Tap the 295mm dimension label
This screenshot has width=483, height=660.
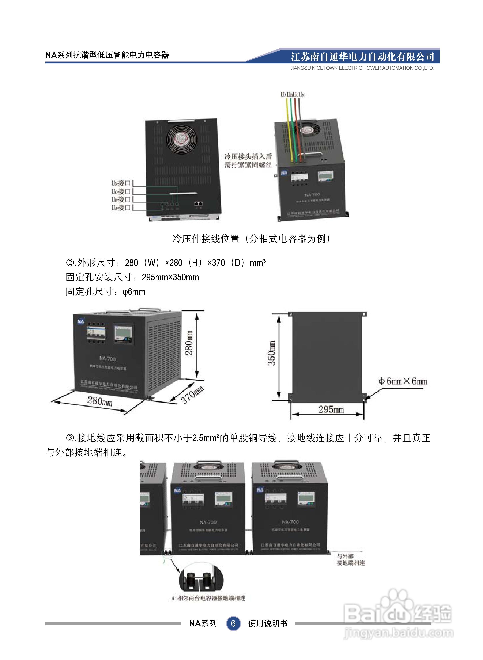331,409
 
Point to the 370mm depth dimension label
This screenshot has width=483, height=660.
192,395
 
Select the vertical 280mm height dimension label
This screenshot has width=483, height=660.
189,343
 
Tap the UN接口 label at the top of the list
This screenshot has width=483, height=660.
121,183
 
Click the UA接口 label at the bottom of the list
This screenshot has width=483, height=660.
121,208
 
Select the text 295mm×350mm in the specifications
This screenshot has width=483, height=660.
170,277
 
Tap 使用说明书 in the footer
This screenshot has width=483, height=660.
268,623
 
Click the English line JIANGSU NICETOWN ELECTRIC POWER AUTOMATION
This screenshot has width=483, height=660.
362,68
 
